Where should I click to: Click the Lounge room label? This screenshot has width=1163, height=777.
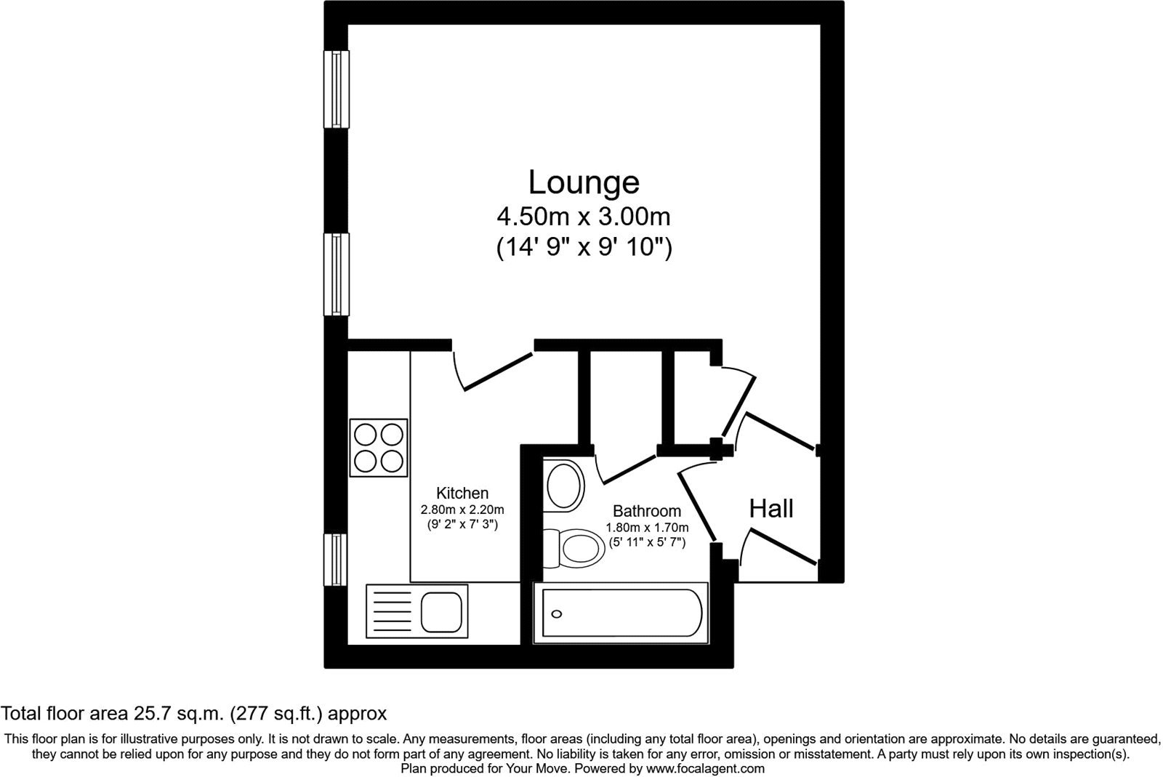[583, 182]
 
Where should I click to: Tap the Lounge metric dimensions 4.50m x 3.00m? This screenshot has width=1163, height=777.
[583, 217]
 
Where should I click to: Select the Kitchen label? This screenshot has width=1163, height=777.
[462, 493]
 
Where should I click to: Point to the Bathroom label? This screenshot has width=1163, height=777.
[646, 511]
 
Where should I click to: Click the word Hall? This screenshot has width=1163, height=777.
[771, 509]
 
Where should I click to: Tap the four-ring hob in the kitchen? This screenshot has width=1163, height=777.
[378, 448]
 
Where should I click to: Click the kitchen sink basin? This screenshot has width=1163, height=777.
[442, 612]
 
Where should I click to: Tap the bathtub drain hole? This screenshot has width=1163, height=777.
[557, 614]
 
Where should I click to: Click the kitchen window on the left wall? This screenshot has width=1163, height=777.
[336, 559]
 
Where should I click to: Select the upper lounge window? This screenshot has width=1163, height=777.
[336, 90]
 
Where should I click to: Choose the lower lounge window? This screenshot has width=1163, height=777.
[336, 274]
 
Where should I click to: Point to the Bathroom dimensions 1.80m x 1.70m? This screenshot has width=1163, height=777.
[647, 528]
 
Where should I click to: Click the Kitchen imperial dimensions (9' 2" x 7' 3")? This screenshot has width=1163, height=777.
[462, 524]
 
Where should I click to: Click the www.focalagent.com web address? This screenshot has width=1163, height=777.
[705, 768]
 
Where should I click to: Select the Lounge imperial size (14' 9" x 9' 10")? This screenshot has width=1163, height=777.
[583, 249]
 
